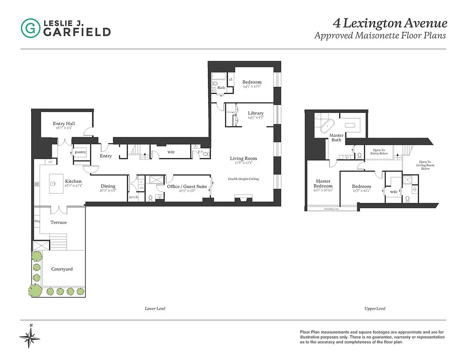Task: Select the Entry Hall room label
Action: pos(64,124)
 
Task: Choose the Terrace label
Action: pos(58,222)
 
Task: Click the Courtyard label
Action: pos(62,269)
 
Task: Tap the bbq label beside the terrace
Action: pos(37,221)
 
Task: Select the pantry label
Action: pos(81,152)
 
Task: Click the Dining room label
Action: pos(108,186)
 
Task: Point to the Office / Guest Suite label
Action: pos(187,186)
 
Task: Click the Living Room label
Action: pos(243,158)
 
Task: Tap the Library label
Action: pos(255,113)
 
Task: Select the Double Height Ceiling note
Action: pos(243,179)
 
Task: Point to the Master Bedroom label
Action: pos(323,183)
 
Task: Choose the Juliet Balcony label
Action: pos(332,209)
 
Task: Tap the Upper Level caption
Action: pos(375,309)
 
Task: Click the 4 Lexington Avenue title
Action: pos(390,23)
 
